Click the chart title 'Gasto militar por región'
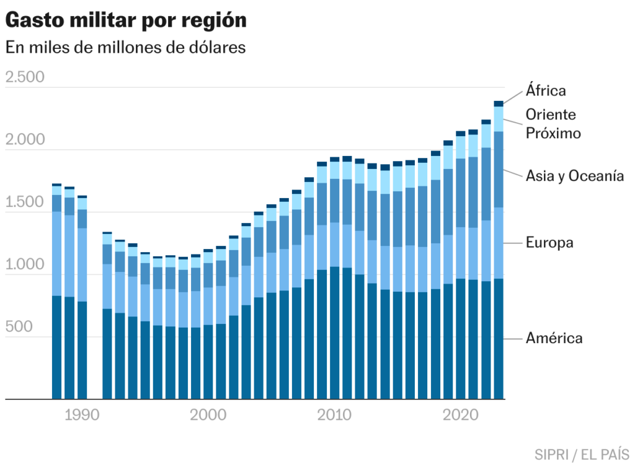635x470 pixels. point(126,20)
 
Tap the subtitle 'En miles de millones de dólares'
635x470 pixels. point(126,48)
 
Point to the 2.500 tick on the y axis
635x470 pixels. point(25,77)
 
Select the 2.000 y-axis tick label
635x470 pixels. point(25,140)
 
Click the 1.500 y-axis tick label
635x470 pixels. point(25,202)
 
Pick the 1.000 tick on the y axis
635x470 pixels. point(25,265)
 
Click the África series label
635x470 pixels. point(546,90)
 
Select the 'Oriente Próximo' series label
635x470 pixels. point(553,123)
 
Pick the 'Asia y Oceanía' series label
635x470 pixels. point(574,176)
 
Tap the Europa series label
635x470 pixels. point(549,243)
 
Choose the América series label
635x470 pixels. point(554,338)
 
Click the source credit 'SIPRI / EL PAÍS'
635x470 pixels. point(582,454)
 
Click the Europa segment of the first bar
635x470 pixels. point(56,254)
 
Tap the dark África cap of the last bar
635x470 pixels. point(499,104)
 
